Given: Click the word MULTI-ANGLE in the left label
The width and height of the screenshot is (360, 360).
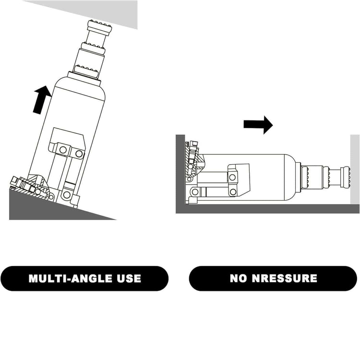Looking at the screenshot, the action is point(71,278).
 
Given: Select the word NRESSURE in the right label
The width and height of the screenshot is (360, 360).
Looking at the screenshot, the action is point(284,278).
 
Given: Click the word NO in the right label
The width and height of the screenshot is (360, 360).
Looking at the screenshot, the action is point(238,278).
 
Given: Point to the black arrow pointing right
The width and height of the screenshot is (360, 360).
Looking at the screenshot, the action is point(258,125).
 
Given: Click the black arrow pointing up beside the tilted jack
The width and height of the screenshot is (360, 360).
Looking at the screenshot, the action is point(42,100).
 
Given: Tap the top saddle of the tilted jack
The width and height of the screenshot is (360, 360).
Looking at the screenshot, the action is point(99,27).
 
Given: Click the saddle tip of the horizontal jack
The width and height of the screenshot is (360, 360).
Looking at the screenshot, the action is point(346,177).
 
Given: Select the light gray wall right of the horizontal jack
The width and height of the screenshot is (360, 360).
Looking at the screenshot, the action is point(355,169).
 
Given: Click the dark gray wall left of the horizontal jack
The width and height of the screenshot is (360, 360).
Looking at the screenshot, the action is point(180,169).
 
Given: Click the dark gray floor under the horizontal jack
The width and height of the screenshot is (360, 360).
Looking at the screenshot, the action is point(267,209).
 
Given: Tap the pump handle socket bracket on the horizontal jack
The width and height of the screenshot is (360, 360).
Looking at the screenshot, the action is point(238,180).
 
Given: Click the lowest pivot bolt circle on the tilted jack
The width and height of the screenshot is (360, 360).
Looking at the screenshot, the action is point(67,195).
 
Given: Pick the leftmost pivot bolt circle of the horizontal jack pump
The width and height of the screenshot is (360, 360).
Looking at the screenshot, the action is point(195,192).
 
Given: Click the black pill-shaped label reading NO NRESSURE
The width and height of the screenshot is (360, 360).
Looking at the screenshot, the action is point(273,278).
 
